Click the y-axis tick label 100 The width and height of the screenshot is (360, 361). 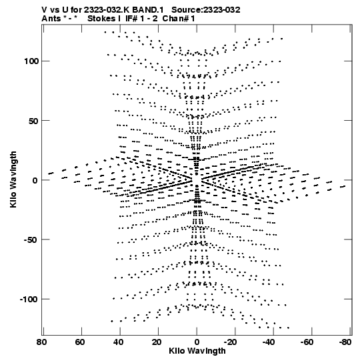[31, 61]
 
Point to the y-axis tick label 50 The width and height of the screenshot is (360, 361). [33, 121]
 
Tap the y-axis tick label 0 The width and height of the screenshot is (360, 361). [35, 180]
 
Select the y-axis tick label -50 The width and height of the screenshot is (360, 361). [31, 240]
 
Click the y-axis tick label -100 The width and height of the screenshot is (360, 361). [29, 300]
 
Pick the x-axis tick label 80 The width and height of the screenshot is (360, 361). [41, 342]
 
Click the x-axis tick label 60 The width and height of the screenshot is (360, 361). [80, 342]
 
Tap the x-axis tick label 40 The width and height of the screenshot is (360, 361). [118, 342]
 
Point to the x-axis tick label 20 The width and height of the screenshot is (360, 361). [157, 342]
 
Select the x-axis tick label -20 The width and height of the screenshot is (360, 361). [230, 342]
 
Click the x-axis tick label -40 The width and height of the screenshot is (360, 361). [269, 342]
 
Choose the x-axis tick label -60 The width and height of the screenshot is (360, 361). [307, 342]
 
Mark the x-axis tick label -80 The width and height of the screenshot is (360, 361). [345, 342]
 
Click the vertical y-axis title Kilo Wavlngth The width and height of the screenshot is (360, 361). [13, 179]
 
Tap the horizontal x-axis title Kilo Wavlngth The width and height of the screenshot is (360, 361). [197, 351]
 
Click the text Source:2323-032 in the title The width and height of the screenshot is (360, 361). [206, 10]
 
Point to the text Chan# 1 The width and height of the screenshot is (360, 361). [179, 19]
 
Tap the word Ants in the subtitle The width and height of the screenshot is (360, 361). [51, 19]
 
